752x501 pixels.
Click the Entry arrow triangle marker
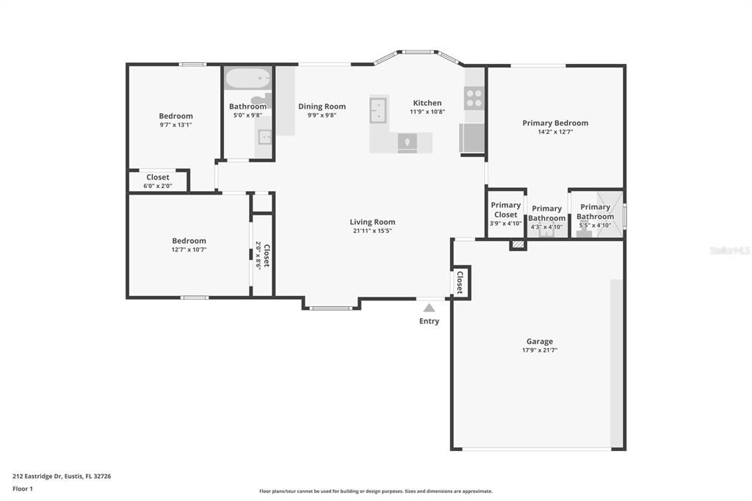tap(429, 308)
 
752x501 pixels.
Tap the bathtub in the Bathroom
tap(247, 79)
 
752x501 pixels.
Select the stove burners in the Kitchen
tap(474, 98)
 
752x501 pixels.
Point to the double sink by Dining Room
tap(379, 109)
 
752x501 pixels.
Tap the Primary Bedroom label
tap(555, 123)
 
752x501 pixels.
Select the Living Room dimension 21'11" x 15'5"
tap(372, 231)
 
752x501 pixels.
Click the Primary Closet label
tap(505, 210)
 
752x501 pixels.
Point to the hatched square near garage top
tap(518, 245)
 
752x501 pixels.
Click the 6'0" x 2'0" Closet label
tap(157, 177)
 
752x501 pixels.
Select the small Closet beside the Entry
tap(460, 282)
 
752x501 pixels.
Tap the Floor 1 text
tap(24, 488)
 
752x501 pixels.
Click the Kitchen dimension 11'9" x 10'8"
tap(427, 112)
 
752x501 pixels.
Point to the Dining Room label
tap(322, 107)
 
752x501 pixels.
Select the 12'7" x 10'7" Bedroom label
tap(189, 241)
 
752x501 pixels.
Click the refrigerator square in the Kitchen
tap(471, 137)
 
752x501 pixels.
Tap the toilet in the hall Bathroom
tap(261, 100)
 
